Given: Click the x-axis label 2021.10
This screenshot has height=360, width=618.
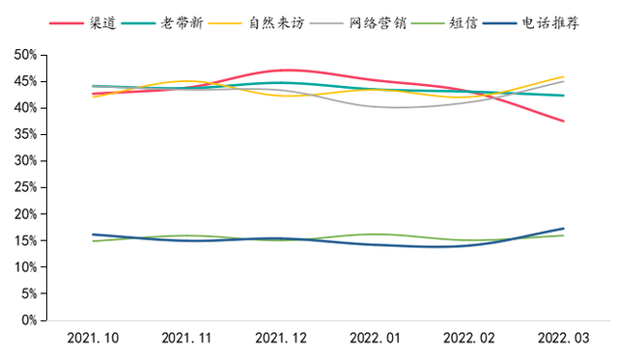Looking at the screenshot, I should [x=94, y=339].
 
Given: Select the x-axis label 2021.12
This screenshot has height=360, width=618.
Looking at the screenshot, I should [x=281, y=339].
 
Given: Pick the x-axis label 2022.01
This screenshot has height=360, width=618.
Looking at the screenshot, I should [x=376, y=339].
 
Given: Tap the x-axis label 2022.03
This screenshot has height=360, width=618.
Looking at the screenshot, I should [x=564, y=339].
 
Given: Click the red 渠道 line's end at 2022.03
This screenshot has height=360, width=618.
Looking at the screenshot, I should [x=564, y=121].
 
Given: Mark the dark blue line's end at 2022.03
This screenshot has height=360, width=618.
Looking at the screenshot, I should [x=564, y=229].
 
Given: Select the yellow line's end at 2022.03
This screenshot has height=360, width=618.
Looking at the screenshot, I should [x=564, y=77].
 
